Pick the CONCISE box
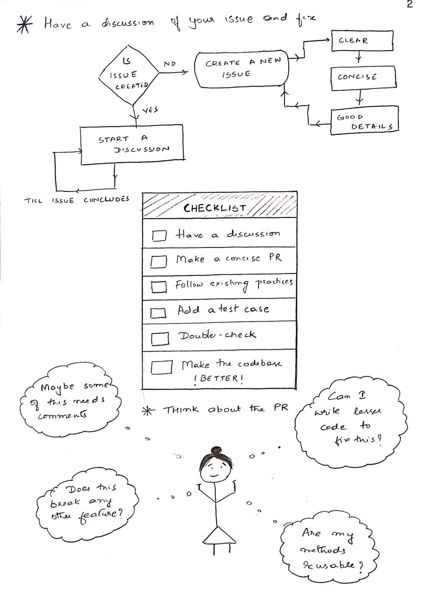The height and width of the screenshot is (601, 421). (x=357, y=78)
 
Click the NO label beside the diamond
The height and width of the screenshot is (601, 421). (x=169, y=64)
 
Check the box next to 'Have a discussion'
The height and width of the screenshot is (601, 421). (x=159, y=235)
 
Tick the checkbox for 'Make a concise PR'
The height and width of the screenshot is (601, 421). (x=158, y=261)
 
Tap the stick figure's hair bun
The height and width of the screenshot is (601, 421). (x=215, y=450)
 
